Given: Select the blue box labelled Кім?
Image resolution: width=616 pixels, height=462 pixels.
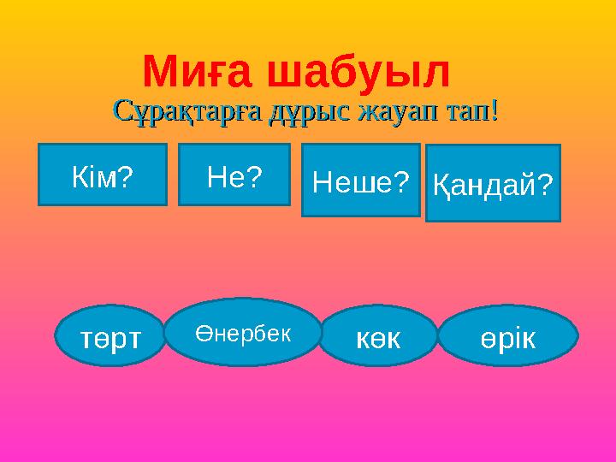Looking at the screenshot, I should click(x=102, y=175).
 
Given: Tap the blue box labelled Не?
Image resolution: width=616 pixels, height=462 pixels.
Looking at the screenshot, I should click(x=234, y=175).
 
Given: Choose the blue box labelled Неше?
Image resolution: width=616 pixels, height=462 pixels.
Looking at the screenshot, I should click(x=361, y=180).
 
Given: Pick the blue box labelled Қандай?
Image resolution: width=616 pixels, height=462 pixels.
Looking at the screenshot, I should click(x=493, y=182).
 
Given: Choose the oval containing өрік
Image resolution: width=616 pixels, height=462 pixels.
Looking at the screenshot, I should click(x=507, y=335).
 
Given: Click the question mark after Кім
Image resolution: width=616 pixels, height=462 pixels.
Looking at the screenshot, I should click(x=127, y=175).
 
